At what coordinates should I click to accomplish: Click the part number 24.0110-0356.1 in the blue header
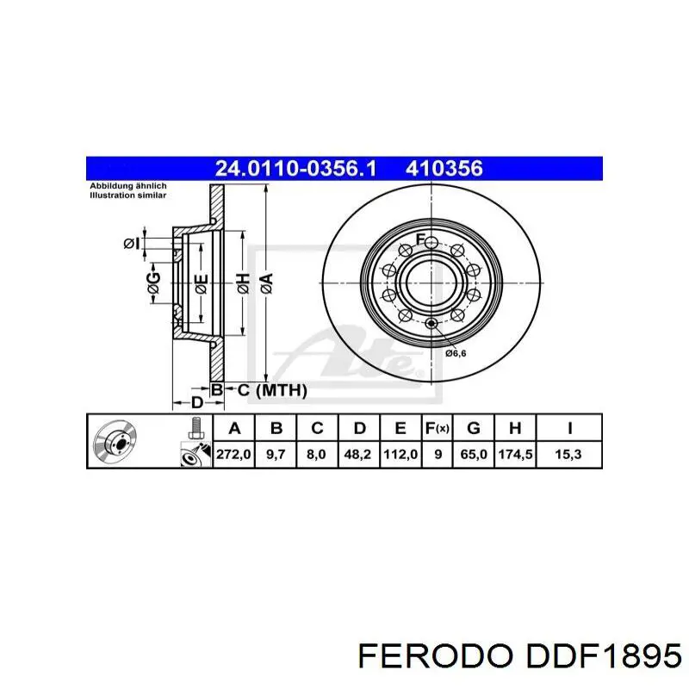point(295,169)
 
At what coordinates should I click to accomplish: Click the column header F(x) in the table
point(438,427)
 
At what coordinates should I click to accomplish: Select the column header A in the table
point(233,427)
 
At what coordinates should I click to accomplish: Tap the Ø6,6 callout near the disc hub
point(455,352)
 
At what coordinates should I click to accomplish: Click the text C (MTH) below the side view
point(271,390)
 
